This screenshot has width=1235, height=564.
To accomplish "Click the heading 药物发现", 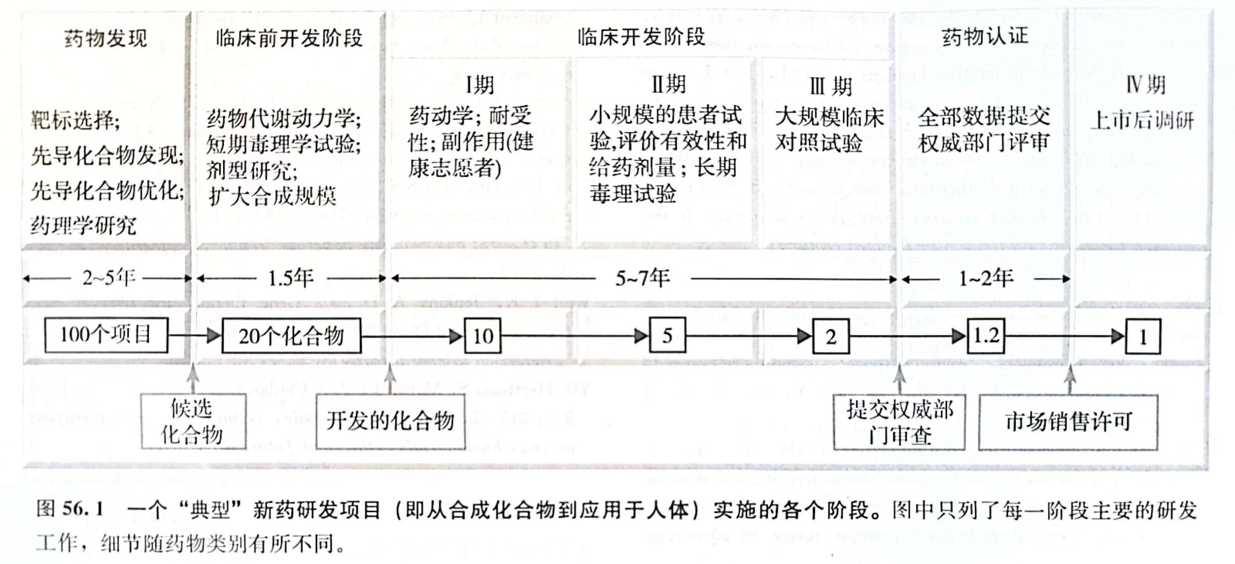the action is (x=105, y=38).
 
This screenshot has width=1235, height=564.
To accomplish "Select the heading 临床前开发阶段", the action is (x=289, y=38).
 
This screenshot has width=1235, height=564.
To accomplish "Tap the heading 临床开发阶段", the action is (x=641, y=37).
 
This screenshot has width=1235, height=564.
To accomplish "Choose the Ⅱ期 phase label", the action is (x=668, y=85).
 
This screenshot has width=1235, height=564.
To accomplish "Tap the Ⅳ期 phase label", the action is (x=1145, y=85).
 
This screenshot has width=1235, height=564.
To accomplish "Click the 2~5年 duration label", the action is (x=109, y=278).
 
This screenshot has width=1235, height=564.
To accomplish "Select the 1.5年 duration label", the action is (x=290, y=278).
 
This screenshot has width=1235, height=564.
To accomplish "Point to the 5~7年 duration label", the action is (x=642, y=278).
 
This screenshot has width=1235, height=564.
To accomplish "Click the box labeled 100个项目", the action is (x=106, y=335).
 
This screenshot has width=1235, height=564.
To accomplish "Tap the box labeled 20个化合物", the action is (x=291, y=336).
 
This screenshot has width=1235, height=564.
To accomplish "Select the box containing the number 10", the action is (x=483, y=336).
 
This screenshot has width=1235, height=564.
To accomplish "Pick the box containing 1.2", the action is (x=986, y=336).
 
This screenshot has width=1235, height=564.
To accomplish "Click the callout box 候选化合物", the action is (x=193, y=421).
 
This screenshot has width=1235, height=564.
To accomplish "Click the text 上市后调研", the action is (x=1142, y=120).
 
